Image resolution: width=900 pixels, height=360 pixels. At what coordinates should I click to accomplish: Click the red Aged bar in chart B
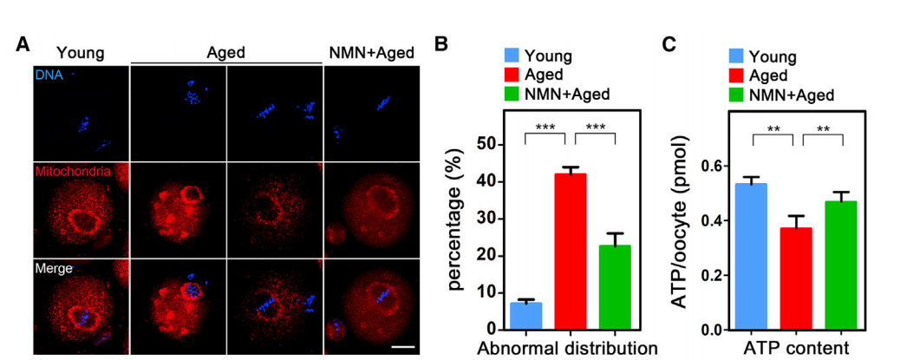click(x=571, y=252)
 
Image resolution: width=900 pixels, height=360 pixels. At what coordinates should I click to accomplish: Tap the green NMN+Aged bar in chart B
click(x=615, y=287)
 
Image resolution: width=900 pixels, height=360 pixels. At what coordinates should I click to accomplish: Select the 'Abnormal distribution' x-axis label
click(x=569, y=350)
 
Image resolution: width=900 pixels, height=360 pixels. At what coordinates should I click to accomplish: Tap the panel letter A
click(x=23, y=44)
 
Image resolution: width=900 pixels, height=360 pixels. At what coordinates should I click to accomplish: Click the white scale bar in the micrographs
click(x=402, y=346)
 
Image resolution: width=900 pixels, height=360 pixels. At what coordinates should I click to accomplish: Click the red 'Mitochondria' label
click(x=73, y=172)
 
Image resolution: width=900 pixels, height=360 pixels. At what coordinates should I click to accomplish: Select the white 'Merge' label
click(x=53, y=269)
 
